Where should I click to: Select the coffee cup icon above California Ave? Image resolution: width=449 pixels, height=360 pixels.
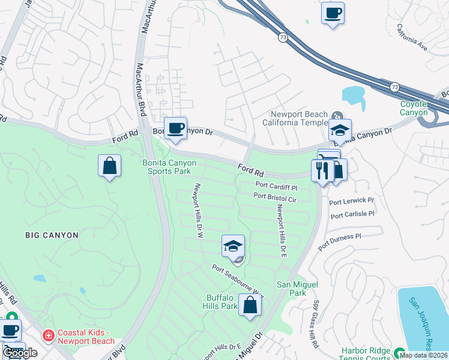point(333,13)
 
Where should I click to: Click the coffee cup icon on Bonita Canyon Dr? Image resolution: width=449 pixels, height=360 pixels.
point(175,128)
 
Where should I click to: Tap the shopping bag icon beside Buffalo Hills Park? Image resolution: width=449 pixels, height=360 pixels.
point(250,305)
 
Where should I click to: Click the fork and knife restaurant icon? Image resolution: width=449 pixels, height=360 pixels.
point(322,171)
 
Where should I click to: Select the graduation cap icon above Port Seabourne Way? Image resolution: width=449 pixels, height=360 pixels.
point(233,246)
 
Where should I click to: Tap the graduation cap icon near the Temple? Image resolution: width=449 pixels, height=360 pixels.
point(340,130)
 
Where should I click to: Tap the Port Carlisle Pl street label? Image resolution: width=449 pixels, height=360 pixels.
point(352,214)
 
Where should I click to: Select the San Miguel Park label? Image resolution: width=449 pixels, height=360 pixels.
point(297,288)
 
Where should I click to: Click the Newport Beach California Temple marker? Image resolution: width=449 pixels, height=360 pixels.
point(337,115)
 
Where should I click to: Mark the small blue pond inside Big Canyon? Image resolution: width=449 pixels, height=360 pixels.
point(39,279)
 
